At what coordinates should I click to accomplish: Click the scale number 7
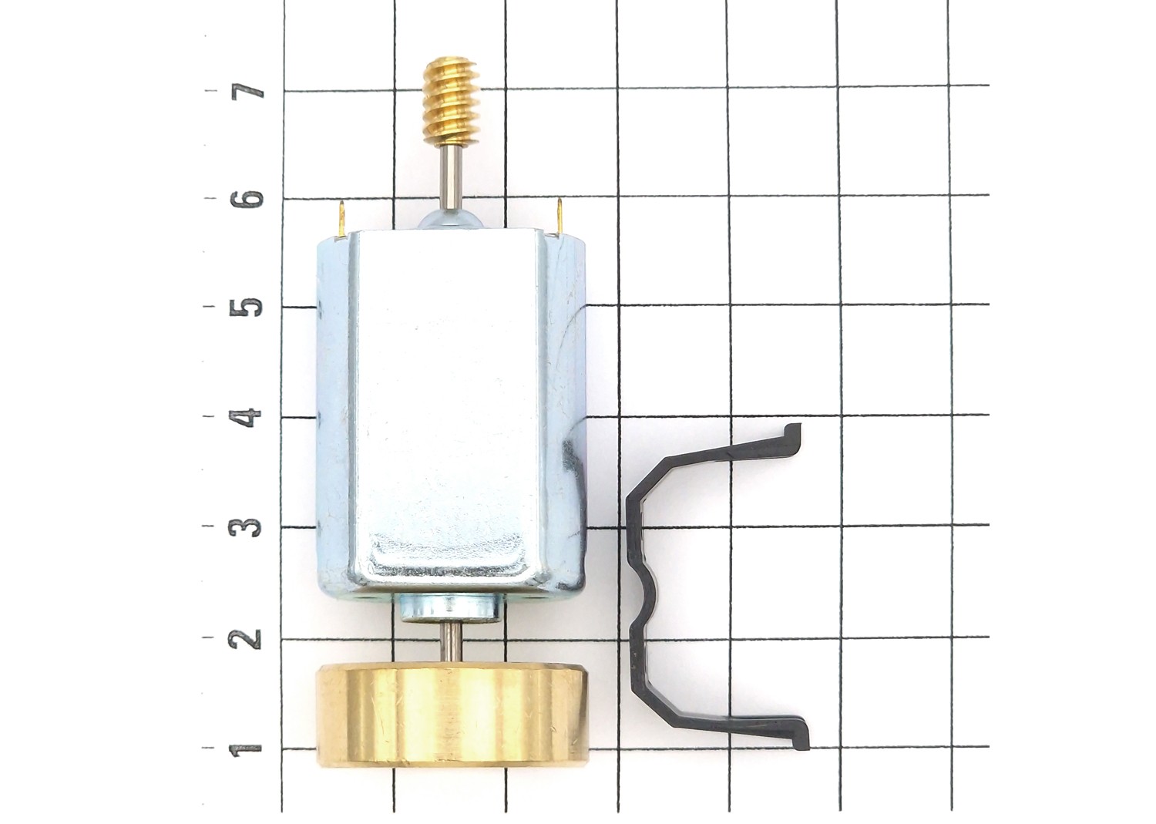[247, 92]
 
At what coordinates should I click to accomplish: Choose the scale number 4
[247, 417]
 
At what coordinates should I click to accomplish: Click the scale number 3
[247, 526]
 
